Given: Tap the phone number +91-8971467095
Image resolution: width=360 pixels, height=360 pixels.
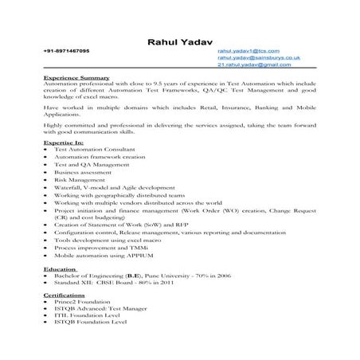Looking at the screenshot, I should pyautogui.click(x=66, y=51).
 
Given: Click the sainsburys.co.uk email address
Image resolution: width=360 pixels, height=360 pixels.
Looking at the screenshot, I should pyautogui.click(x=257, y=58).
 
